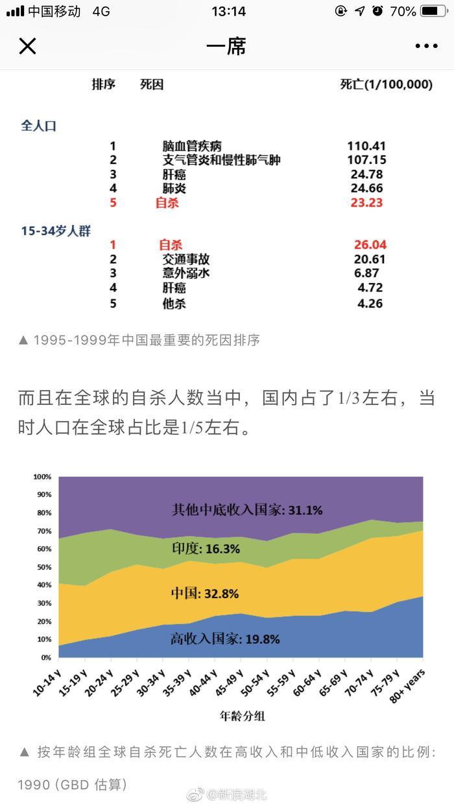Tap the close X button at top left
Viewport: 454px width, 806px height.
coord(27,46)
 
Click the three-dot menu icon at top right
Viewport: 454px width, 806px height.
coord(426,46)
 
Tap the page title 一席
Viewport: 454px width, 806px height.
coord(226,46)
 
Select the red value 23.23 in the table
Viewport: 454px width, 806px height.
coord(366,203)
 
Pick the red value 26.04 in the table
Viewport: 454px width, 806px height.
coord(370,245)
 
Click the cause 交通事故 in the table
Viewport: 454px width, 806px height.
coord(185,259)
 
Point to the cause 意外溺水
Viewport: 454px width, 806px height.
coord(185,273)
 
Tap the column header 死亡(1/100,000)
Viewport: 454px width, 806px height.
coord(386,85)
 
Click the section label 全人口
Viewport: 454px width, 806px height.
coord(39,126)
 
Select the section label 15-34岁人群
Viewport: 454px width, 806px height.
coord(56,231)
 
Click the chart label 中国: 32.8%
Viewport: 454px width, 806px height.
coord(205,593)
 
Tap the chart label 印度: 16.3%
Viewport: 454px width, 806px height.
coord(206,549)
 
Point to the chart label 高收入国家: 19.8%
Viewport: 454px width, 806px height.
coord(225,639)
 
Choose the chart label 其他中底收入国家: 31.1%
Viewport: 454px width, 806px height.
coord(246,509)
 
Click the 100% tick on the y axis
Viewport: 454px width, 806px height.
coord(42,477)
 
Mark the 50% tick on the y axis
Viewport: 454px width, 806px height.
coord(43,567)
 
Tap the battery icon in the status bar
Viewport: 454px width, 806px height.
coord(434,11)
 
